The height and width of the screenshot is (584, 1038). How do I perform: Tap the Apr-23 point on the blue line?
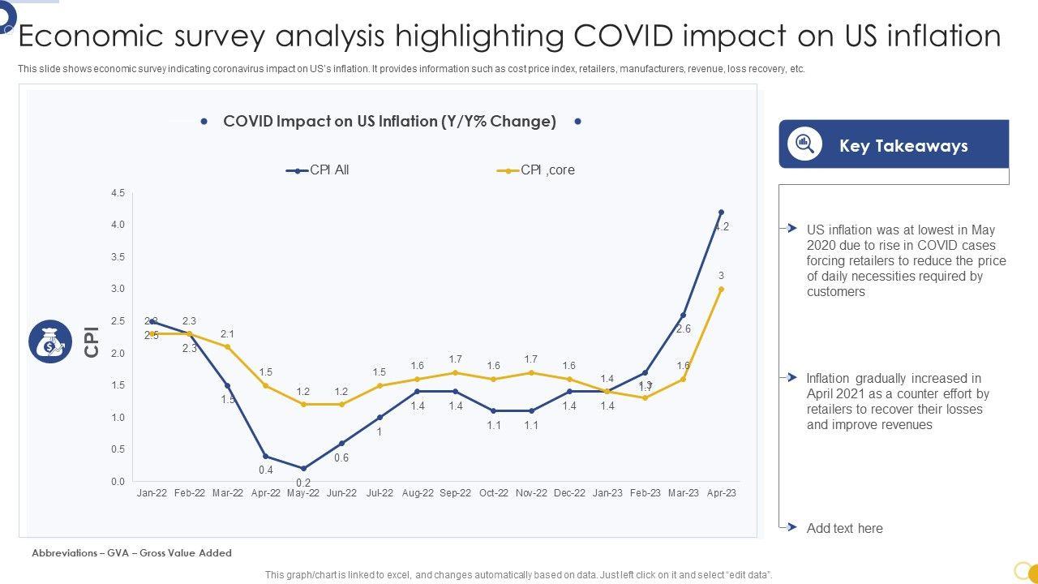(721, 213)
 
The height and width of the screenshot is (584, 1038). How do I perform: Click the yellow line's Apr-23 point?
(721, 289)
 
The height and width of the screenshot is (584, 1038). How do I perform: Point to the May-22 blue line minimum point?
(303, 468)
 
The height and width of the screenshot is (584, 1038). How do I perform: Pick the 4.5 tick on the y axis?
(118, 193)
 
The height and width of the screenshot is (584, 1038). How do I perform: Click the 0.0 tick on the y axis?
(118, 482)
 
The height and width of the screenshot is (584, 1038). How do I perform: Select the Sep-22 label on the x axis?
(455, 493)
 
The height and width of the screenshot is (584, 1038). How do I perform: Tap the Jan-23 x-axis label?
(607, 493)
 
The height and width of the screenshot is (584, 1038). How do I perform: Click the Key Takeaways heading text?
(903, 146)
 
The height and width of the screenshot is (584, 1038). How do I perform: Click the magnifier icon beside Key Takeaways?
(804, 144)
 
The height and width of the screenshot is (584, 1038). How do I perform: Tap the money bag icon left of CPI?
(50, 341)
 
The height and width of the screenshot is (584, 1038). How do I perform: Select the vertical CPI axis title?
(92, 341)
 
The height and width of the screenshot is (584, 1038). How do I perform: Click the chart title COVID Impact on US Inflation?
(389, 122)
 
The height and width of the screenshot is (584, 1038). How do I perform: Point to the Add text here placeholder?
(844, 529)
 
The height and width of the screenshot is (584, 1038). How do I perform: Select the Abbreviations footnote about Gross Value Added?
(131, 553)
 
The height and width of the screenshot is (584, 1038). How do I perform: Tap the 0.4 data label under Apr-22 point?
(266, 470)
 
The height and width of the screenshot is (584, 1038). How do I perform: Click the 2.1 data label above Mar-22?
(227, 334)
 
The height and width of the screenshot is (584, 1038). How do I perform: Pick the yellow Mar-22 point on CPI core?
(227, 346)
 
